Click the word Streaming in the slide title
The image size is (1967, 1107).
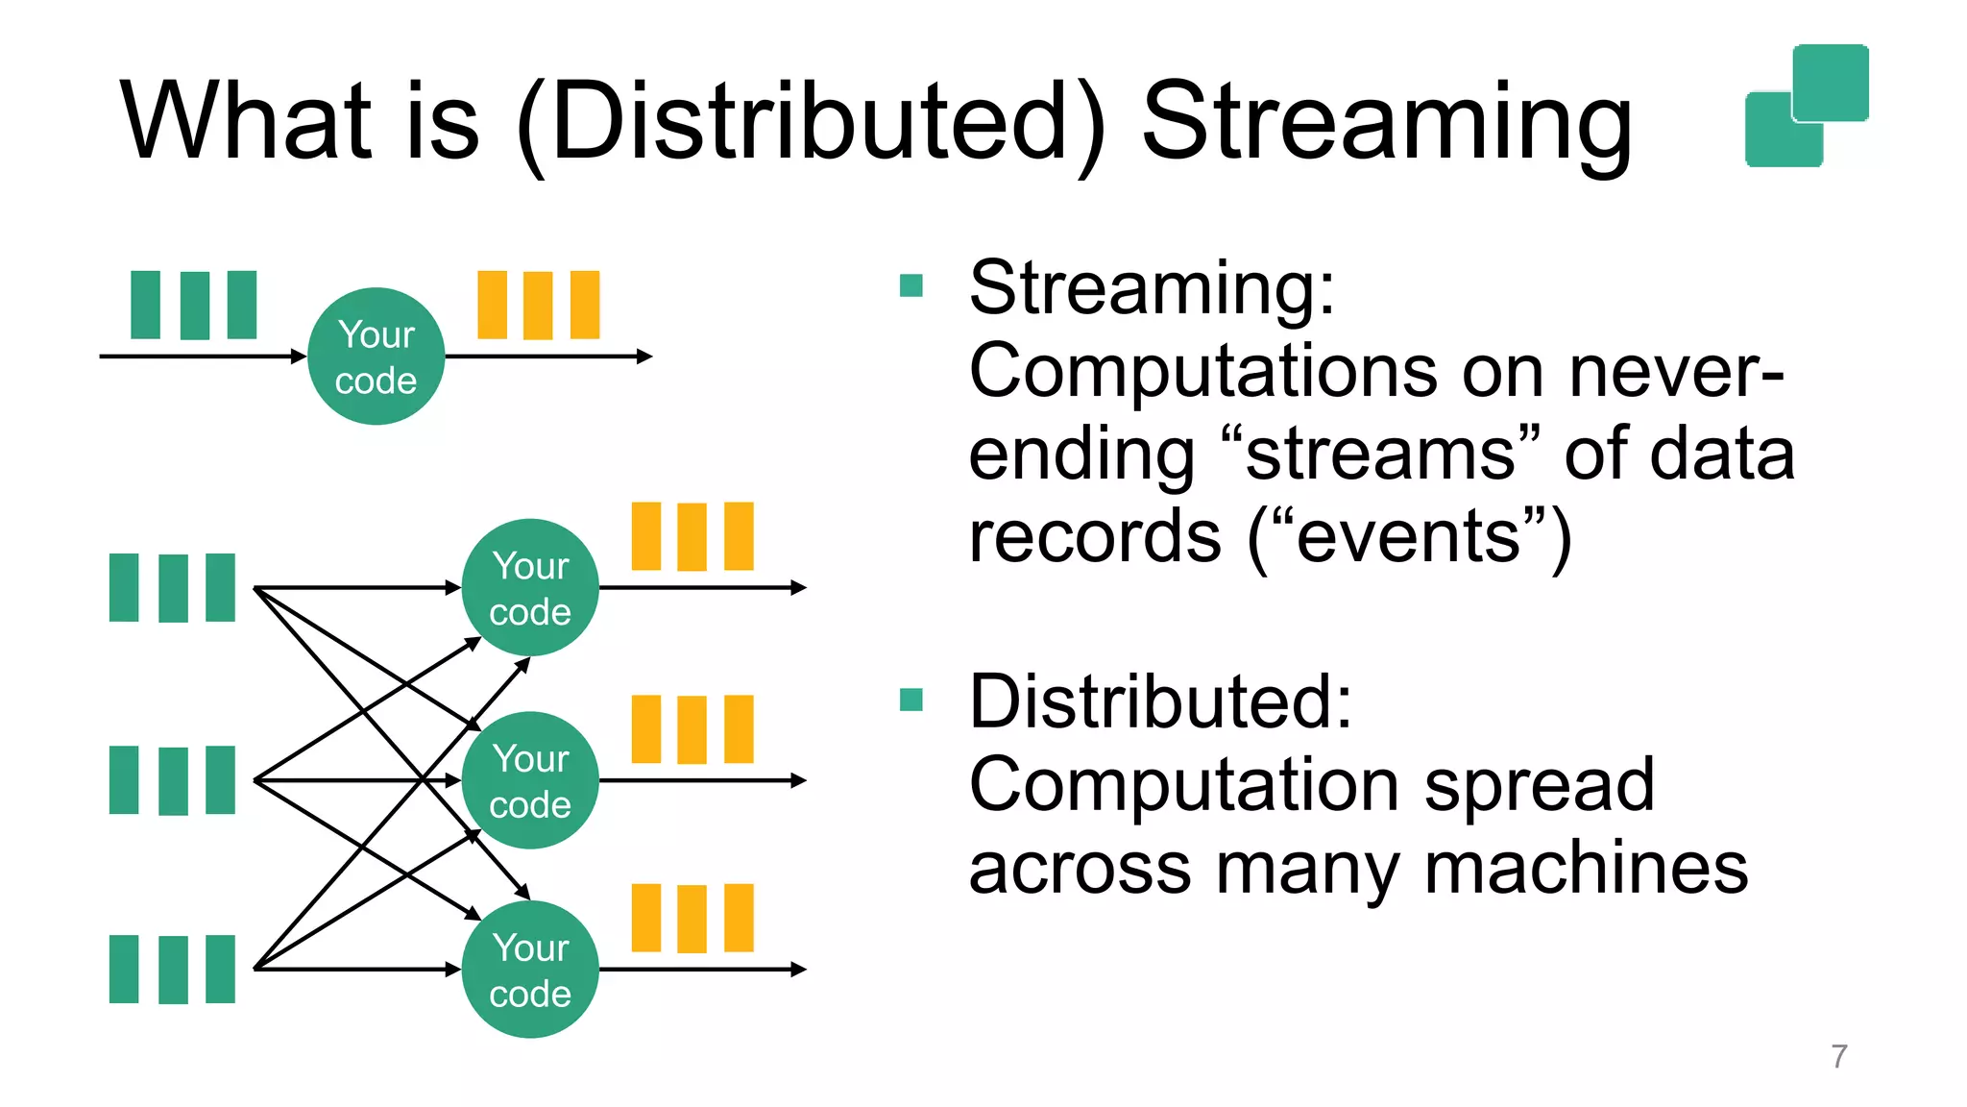coord(1386,123)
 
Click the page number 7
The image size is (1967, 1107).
coord(1838,1056)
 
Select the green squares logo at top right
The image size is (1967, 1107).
coord(1807,106)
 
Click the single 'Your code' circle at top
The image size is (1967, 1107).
coord(376,357)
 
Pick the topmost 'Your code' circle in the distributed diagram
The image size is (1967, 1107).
coord(530,587)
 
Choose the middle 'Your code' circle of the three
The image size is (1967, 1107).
coord(530,780)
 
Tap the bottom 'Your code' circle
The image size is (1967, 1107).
coord(530,970)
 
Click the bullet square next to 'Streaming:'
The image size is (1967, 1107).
coord(911,285)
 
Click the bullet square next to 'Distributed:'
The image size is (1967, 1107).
coord(911,700)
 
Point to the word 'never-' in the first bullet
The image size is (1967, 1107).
coord(1675,371)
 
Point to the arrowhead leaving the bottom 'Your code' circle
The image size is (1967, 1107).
coord(798,970)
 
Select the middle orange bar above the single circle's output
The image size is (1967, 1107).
coord(538,306)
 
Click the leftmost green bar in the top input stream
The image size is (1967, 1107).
coord(145,305)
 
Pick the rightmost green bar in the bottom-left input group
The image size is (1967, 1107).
coord(220,969)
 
